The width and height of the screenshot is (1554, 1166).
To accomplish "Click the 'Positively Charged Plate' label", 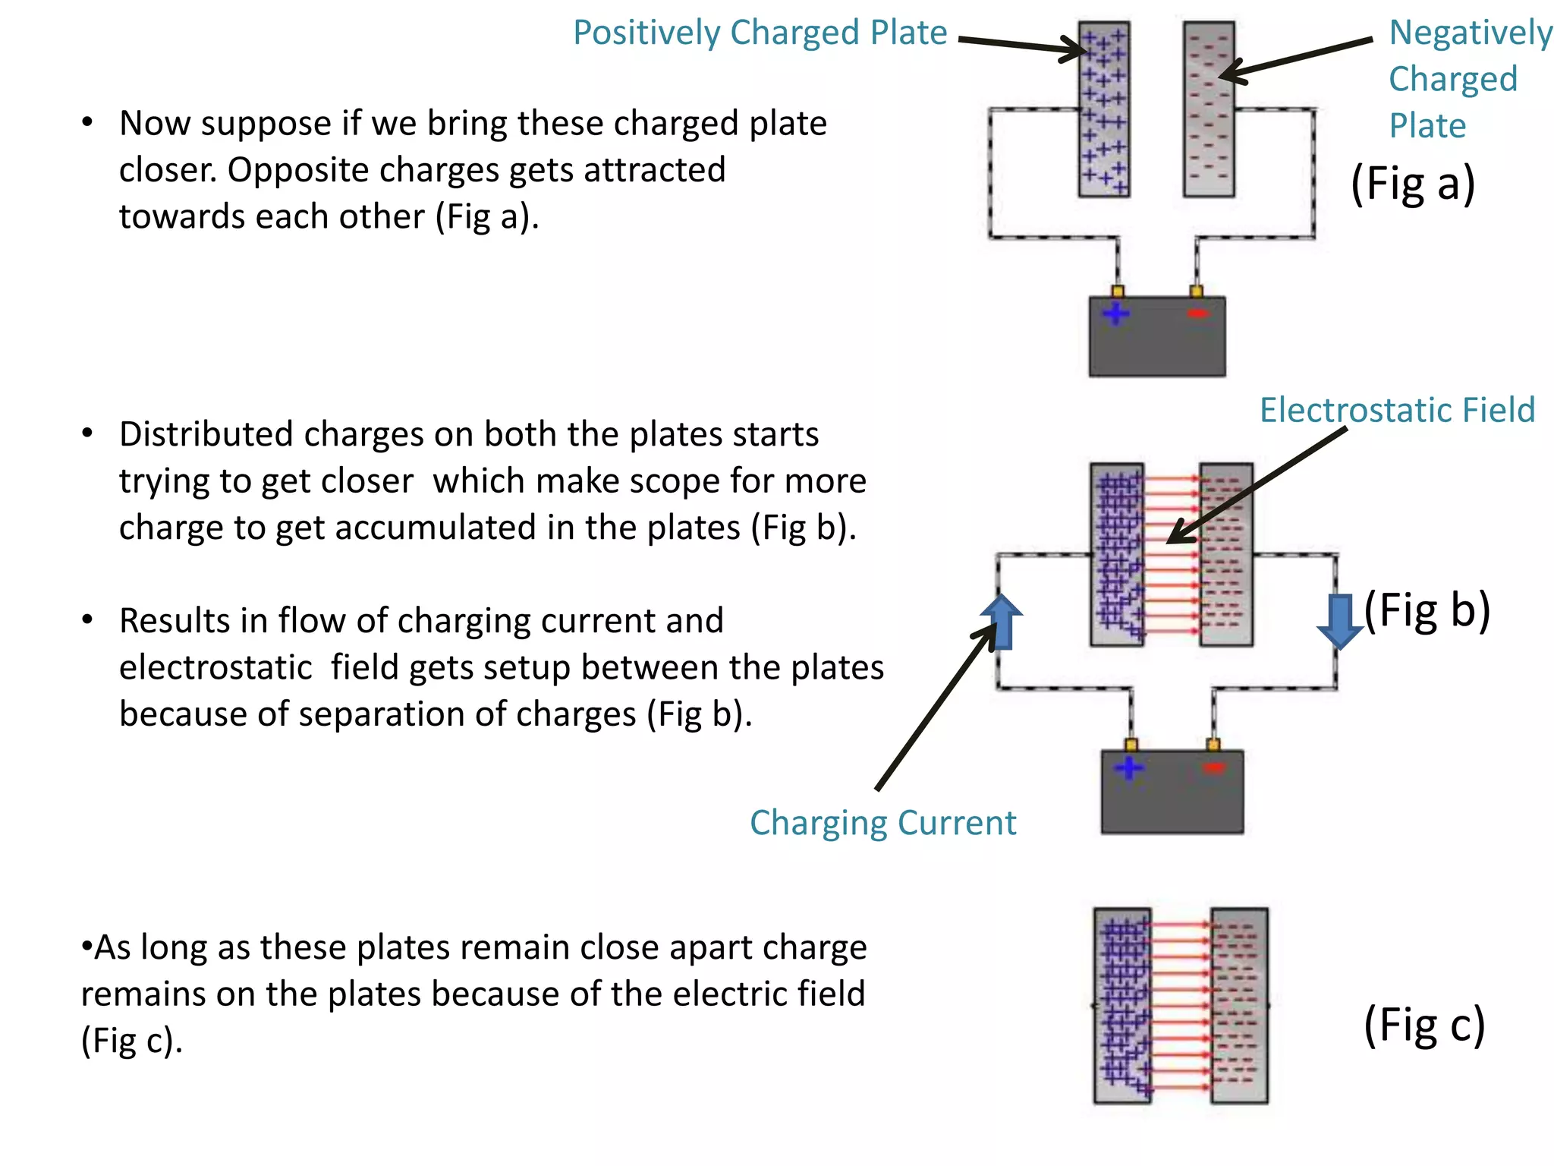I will tap(760, 33).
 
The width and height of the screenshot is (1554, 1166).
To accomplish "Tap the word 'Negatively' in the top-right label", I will tap(1470, 33).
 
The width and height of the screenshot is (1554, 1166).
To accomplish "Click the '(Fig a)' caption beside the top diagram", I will tap(1413, 184).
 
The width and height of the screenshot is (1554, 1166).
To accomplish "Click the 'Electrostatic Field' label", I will tap(1397, 410).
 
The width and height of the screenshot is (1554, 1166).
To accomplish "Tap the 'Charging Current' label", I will tap(882, 823).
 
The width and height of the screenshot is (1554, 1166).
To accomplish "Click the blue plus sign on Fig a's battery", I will tap(1115, 314).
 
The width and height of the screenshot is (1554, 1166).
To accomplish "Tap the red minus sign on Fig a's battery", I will tap(1197, 314).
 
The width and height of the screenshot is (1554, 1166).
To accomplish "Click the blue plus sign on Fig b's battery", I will tap(1129, 767).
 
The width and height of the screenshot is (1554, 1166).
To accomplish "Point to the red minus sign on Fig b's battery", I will tap(1214, 767).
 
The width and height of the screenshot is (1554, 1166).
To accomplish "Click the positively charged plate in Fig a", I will tap(1104, 110).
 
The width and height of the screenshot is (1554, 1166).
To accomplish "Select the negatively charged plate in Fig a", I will tap(1209, 110).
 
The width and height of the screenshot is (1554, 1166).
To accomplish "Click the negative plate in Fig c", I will tap(1239, 1005).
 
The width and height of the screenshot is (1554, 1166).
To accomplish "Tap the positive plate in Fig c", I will tap(1122, 1005).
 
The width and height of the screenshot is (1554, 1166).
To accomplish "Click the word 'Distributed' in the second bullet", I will tap(206, 435).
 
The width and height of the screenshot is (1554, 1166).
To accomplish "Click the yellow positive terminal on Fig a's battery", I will tap(1117, 291).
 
